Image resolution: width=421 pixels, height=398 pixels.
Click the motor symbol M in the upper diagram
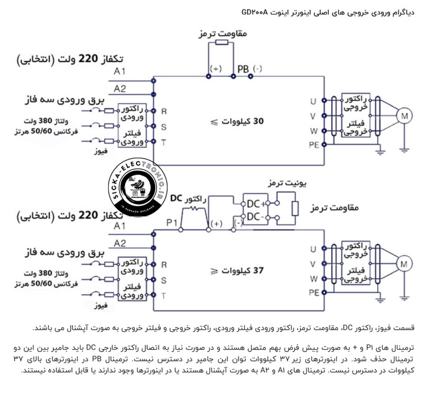[x=404, y=115]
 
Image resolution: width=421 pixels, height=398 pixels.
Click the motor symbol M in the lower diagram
[x=404, y=263]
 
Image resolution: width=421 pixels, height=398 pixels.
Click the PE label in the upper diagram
[x=314, y=144]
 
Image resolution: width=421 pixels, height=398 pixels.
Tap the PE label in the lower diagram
[x=314, y=292]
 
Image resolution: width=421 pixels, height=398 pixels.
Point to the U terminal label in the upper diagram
[x=314, y=102]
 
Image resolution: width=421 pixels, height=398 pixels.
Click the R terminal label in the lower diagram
[x=164, y=263]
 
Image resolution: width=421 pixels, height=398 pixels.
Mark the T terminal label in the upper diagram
[x=164, y=143]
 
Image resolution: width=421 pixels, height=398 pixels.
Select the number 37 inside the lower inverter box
[x=258, y=270]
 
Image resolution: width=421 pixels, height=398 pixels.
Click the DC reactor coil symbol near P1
[x=195, y=210]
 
